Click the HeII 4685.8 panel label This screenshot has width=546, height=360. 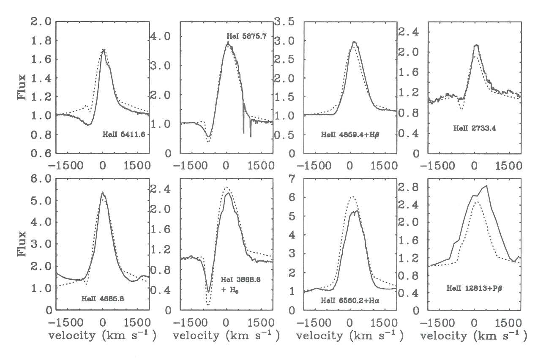102,298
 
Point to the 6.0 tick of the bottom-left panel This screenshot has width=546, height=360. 41,179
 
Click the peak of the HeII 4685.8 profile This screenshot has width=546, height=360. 102,193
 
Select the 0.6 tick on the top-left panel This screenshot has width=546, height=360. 41,154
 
